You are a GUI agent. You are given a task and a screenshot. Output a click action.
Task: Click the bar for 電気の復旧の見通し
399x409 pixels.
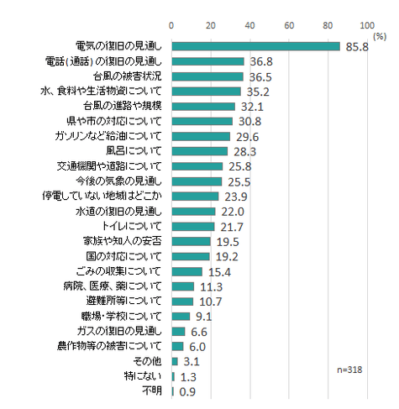click(255, 46)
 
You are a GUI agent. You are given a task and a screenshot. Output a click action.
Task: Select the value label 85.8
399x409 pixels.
click(356, 46)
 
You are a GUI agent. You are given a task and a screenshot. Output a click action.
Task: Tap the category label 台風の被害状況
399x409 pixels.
click(128, 76)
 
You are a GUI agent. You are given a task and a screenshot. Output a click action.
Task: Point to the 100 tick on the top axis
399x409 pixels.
click(367, 24)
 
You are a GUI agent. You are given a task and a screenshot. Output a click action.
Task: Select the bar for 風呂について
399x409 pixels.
click(199, 151)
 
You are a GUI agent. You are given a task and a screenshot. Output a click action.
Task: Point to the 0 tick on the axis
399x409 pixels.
click(171, 24)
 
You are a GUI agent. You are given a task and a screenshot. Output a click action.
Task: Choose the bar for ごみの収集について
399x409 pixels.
click(186, 271)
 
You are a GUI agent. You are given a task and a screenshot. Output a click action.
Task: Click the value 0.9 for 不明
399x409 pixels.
click(189, 391)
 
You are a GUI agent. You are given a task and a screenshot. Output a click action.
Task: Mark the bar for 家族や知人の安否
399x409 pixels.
click(191, 241)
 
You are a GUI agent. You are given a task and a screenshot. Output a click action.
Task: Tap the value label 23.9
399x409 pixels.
click(234, 196)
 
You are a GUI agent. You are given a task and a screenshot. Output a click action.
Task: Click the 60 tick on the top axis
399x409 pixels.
click(289, 24)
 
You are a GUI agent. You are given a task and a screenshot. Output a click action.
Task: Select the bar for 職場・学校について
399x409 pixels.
click(181, 317)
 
